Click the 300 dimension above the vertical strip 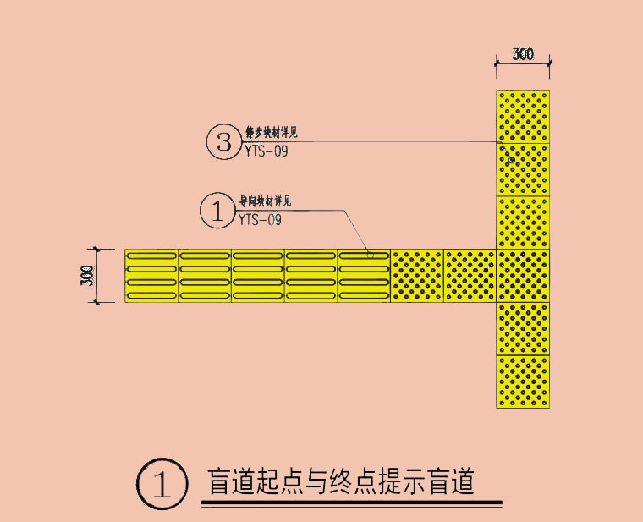click(x=524, y=55)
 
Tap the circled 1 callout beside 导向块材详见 click(x=217, y=211)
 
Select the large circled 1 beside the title click(x=161, y=485)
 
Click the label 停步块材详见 click(x=271, y=133)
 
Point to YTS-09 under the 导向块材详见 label click(x=260, y=220)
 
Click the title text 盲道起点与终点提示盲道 click(x=341, y=482)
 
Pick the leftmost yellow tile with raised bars click(x=151, y=276)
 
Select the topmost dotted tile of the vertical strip click(x=524, y=116)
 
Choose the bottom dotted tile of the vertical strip click(x=524, y=382)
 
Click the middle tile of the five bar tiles click(x=258, y=276)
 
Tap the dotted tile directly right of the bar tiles click(x=417, y=276)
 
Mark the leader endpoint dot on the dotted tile click(x=512, y=159)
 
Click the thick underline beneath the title click(x=351, y=504)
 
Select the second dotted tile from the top click(x=524, y=169)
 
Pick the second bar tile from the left click(x=205, y=276)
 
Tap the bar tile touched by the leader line click(x=364, y=276)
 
